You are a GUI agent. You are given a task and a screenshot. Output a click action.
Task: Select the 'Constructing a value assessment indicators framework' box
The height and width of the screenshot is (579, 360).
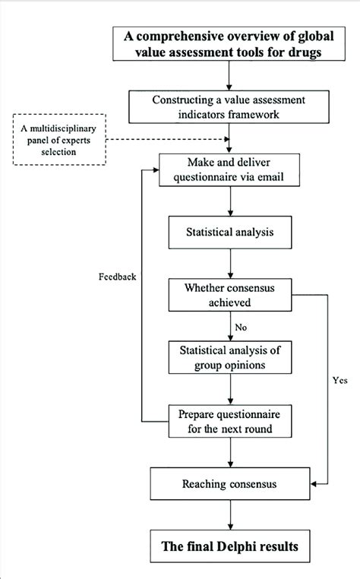point(229,107)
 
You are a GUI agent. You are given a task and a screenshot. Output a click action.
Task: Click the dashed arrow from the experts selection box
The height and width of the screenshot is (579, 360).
point(167,139)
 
